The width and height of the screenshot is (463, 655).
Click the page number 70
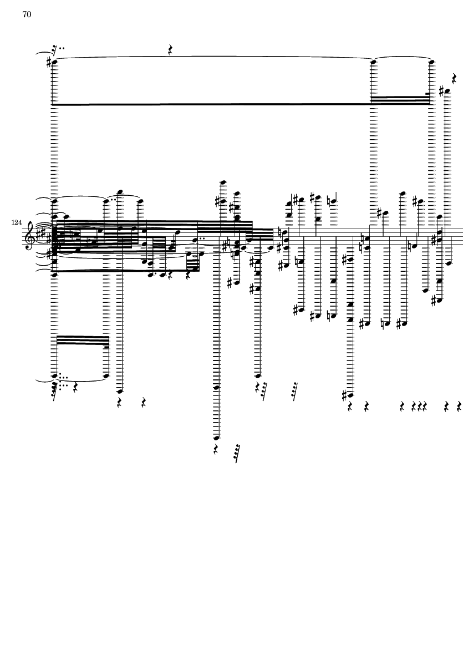pyautogui.click(x=26, y=15)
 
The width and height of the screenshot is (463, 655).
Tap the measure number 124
pyautogui.click(x=16, y=223)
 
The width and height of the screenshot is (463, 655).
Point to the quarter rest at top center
pyautogui.click(x=171, y=50)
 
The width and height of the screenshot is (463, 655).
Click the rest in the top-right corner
pyautogui.click(x=454, y=77)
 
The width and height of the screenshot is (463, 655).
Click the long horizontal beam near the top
pyautogui.click(x=211, y=104)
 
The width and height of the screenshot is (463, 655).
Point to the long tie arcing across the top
pyautogui.click(x=211, y=57)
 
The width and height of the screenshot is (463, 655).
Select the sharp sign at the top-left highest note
pyautogui.click(x=49, y=62)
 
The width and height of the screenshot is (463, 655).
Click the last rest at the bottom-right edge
pyautogui.click(x=459, y=408)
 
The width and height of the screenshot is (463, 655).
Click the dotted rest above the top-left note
pyautogui.click(x=54, y=49)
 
